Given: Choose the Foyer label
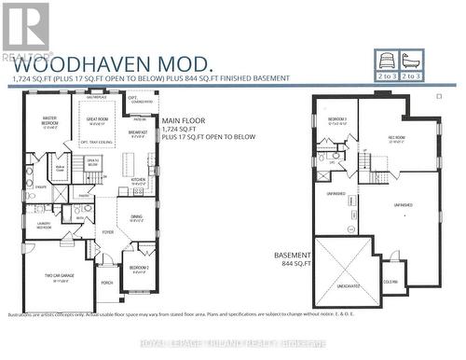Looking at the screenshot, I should pos(108,231).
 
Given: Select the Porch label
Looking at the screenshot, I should pos(107,281).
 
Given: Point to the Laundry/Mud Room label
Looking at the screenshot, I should pos(43,224).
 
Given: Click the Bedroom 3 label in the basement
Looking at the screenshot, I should pos(336,119).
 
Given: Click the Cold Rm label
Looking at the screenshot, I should pos(390,282).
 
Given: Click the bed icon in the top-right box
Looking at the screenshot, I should pos(386,62).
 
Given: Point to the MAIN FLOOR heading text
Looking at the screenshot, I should pos(185,119).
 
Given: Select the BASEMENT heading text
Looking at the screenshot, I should pos(292,254).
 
